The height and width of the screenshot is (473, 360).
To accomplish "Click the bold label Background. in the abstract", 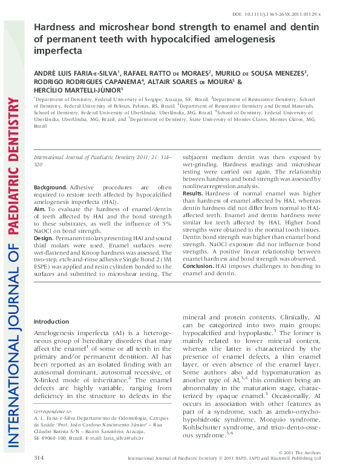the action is click(x=50, y=188).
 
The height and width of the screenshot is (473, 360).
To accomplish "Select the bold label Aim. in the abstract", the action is click(x=40, y=209).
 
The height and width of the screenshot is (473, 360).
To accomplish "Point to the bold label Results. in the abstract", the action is click(x=193, y=193).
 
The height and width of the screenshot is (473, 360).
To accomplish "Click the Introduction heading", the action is click(x=51, y=321).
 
